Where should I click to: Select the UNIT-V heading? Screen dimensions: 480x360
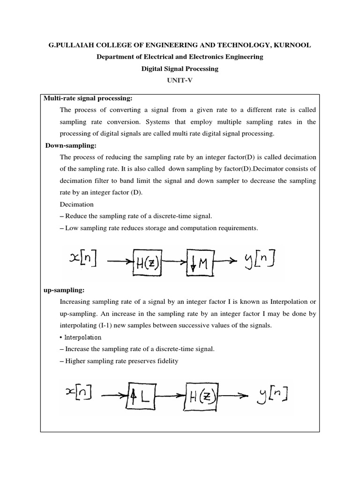tap(180, 80)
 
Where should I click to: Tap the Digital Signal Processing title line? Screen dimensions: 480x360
tap(180, 68)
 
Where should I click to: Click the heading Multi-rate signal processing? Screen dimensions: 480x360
tap(88, 98)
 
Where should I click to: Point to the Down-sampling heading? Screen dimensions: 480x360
tap(71, 146)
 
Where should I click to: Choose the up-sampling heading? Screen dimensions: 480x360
tap(64, 290)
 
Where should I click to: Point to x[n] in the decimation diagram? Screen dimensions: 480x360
tap(82, 259)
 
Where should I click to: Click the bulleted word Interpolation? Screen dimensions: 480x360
tap(82, 337)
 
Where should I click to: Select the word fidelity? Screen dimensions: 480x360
tap(165, 361)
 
